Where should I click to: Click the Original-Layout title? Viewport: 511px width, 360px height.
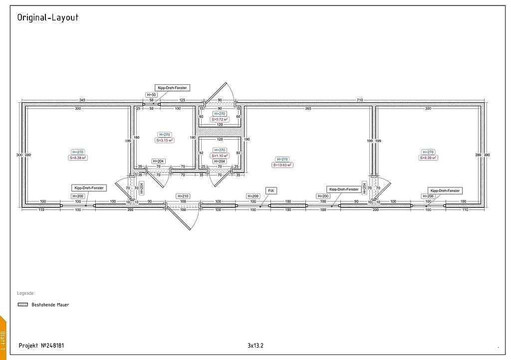(x=47, y=17)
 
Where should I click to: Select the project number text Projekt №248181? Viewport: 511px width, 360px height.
(x=41, y=345)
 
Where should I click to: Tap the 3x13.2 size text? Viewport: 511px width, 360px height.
(x=255, y=345)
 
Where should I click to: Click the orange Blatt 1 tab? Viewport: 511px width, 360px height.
(x=3, y=339)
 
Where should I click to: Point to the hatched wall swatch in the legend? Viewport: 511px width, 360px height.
(x=22, y=304)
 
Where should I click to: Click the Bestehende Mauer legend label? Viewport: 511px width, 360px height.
(x=50, y=304)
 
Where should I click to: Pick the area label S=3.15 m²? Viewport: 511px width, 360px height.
(x=164, y=141)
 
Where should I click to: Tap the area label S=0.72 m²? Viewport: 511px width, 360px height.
(x=220, y=120)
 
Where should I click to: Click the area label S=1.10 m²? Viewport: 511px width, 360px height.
(x=220, y=156)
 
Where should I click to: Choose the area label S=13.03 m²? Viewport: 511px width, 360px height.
(x=282, y=165)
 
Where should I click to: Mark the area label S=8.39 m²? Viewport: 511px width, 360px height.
(x=428, y=158)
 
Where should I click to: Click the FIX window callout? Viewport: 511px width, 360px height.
(x=271, y=190)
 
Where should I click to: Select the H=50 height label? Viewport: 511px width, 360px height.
(x=151, y=94)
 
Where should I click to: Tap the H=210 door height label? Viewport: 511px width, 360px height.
(x=183, y=196)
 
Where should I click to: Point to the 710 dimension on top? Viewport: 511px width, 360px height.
(x=359, y=101)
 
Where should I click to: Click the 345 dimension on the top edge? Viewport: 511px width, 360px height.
(x=82, y=101)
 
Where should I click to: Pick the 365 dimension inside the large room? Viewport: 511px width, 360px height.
(x=308, y=108)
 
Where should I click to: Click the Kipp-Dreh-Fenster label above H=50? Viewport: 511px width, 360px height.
(x=171, y=88)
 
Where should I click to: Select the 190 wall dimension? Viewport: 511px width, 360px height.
(x=247, y=140)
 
